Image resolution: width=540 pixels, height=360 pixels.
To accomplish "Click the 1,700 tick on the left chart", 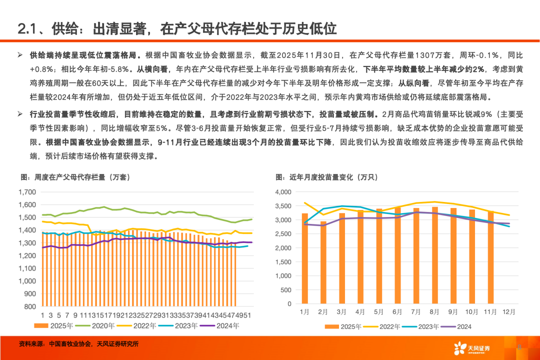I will click(x=26, y=191).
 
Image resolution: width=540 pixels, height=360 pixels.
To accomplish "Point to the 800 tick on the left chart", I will click(x=29, y=306).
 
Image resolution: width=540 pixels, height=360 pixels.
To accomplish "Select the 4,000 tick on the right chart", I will click(x=283, y=191).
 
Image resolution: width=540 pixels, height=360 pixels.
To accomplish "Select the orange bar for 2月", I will click(x=323, y=262).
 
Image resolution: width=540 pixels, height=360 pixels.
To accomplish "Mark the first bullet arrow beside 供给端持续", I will click(x=20, y=55).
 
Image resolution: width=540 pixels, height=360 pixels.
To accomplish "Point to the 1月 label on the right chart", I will click(x=304, y=312).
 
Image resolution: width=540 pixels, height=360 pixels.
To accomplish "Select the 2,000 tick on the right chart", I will click(x=283, y=247).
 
